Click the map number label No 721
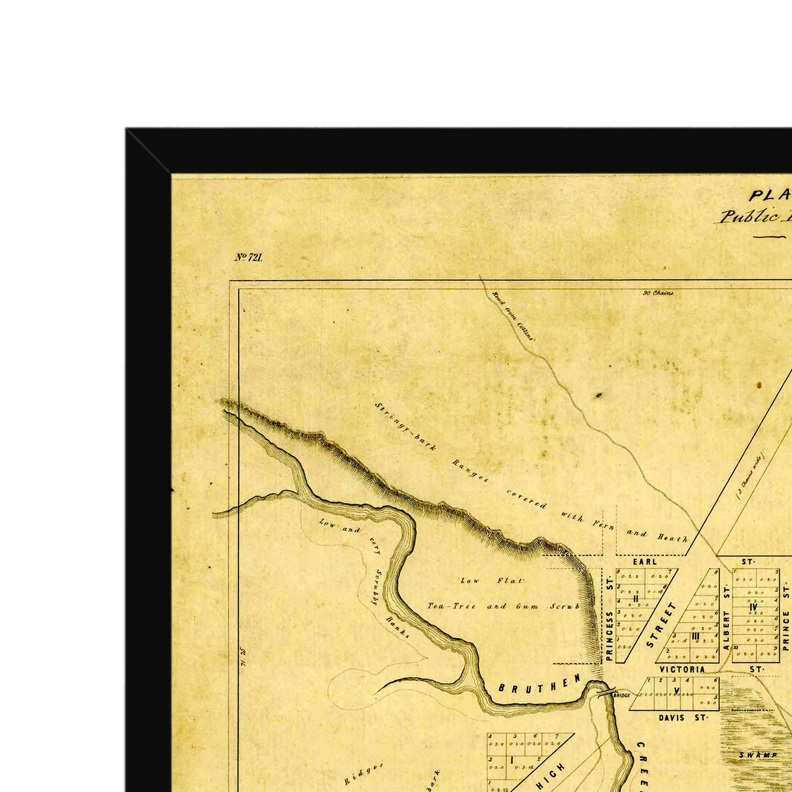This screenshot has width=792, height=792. [x=248, y=257]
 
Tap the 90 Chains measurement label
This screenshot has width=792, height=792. [x=658, y=293]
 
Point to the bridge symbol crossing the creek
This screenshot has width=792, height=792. [x=607, y=693]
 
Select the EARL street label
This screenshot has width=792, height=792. [x=644, y=562]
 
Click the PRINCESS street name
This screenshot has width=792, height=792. [x=609, y=636]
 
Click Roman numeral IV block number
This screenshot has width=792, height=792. [x=753, y=607]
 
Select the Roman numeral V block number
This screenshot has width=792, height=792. [x=677, y=691]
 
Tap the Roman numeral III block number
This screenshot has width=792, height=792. [x=695, y=636]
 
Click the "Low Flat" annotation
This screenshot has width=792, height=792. [x=492, y=581]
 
